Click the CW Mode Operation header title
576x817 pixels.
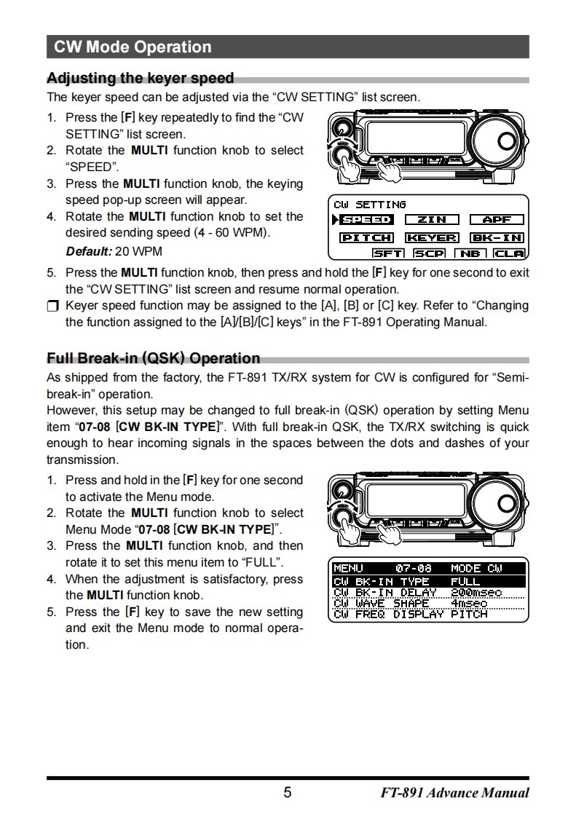click(x=133, y=47)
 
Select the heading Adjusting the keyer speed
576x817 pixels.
click(x=140, y=78)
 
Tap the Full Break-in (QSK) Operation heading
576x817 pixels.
click(x=153, y=358)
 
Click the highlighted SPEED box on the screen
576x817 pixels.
click(x=367, y=219)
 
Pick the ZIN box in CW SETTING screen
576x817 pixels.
click(x=432, y=219)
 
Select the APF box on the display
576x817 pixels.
click(x=497, y=219)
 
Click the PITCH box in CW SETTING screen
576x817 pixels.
click(x=367, y=237)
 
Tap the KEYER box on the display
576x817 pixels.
click(x=432, y=237)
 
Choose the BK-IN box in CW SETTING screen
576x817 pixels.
click(x=497, y=237)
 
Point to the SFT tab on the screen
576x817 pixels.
click(x=388, y=253)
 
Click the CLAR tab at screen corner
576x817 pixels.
click(x=508, y=253)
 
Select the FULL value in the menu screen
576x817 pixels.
click(x=465, y=581)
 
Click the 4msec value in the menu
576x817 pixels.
click(x=468, y=603)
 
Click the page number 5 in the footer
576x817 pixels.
click(x=287, y=792)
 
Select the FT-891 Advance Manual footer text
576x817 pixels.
click(x=454, y=793)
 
